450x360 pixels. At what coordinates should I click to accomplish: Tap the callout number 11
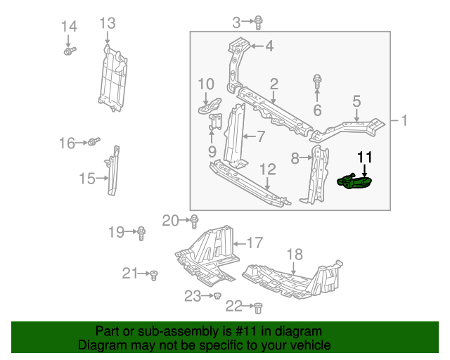[x=365, y=157]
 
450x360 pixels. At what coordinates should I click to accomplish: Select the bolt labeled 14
[x=70, y=51]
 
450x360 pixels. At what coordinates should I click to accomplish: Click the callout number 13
[x=107, y=23]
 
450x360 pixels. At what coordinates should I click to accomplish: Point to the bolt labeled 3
[x=259, y=22]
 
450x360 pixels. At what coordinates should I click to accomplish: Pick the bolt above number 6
[x=317, y=82]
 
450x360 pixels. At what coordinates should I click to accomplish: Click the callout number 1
[x=404, y=120]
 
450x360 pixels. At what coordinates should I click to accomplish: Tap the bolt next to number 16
[x=93, y=143]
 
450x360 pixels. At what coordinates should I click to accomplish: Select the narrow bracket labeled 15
[x=112, y=170]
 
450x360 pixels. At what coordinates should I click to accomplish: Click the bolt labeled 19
[x=141, y=232]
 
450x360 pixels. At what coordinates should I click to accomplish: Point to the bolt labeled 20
[x=195, y=221]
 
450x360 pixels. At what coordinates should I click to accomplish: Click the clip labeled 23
[x=218, y=296]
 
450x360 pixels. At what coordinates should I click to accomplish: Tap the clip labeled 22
[x=257, y=307]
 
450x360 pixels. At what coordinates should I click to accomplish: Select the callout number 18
[x=295, y=255]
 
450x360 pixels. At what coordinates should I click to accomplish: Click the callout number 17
[x=254, y=243]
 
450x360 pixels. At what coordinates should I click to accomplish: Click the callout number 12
[x=268, y=169]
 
